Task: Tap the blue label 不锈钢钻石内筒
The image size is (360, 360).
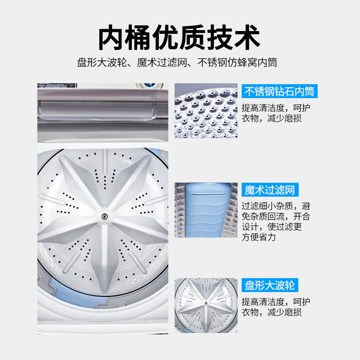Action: point(279,92)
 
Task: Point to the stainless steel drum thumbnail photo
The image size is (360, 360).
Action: point(206,110)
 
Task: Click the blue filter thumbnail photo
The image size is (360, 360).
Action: point(206,210)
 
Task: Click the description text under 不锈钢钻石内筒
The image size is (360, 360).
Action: point(275,113)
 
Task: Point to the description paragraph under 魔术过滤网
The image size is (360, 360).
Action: point(275,221)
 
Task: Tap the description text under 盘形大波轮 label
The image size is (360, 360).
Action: point(275,307)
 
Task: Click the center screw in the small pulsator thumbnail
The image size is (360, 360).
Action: point(206,303)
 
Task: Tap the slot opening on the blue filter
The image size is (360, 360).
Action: point(208,194)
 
